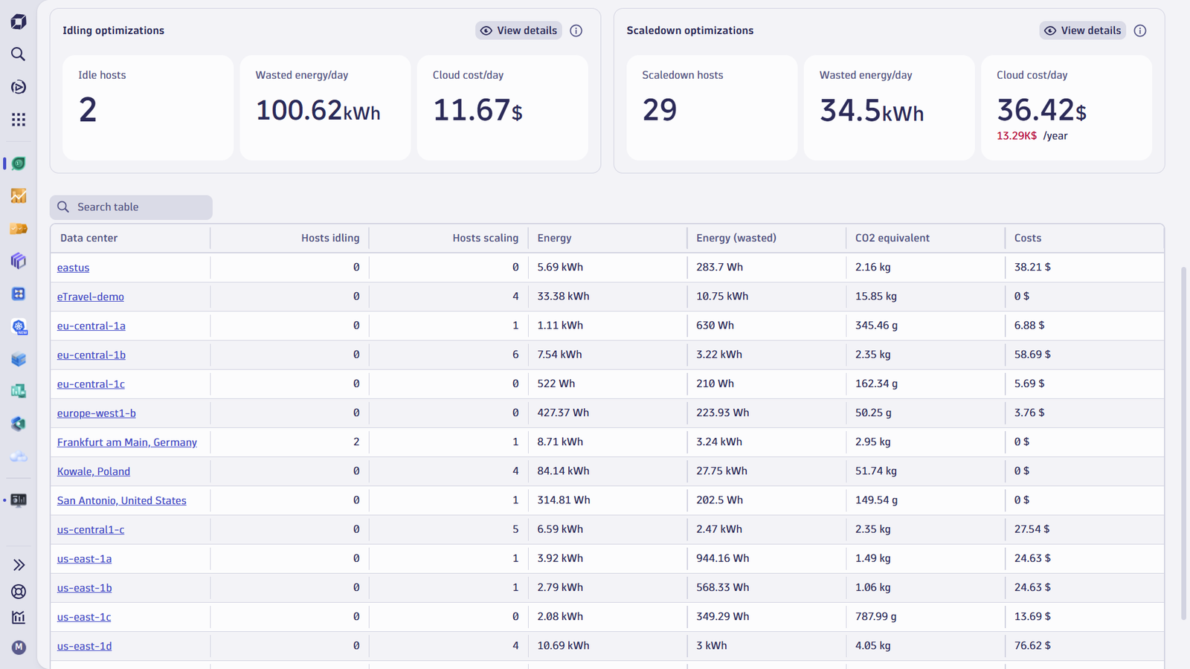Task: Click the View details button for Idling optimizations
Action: [518, 30]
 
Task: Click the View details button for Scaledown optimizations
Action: [1083, 30]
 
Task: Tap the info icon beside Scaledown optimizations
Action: [1140, 30]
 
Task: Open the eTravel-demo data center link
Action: [90, 297]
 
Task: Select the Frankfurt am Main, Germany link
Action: [127, 442]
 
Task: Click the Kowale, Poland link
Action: [94, 471]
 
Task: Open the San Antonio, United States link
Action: [122, 500]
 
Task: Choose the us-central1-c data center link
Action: [91, 529]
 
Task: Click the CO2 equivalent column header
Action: [892, 238]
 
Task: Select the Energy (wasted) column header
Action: [736, 238]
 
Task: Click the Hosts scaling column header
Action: [486, 238]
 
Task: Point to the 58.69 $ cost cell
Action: [1032, 354]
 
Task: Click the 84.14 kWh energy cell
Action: [563, 471]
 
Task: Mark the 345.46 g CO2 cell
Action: [877, 325]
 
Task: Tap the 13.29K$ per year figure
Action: [1016, 135]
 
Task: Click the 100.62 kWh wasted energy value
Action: [318, 111]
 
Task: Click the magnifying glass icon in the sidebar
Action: [18, 54]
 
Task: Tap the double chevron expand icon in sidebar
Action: [19, 565]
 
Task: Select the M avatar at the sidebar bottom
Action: [19, 647]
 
